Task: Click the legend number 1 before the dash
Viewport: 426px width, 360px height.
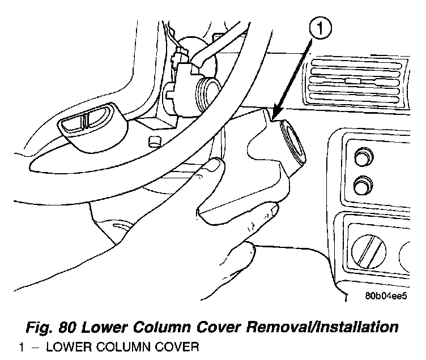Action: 21,348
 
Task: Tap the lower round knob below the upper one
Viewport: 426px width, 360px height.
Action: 360,185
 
